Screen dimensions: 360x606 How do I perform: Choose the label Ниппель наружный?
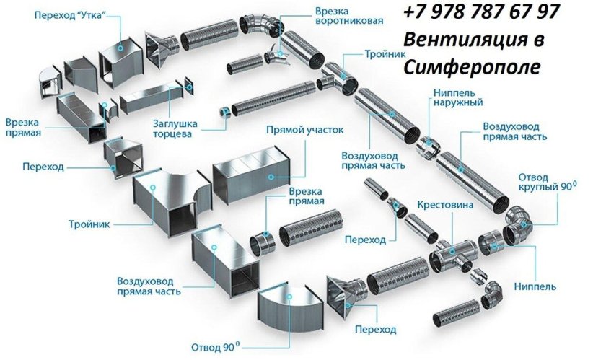click(458, 97)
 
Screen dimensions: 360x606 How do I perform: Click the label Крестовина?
click(446, 206)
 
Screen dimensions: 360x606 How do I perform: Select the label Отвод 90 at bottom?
click(215, 346)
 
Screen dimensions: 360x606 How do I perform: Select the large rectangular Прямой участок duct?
click(249, 177)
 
